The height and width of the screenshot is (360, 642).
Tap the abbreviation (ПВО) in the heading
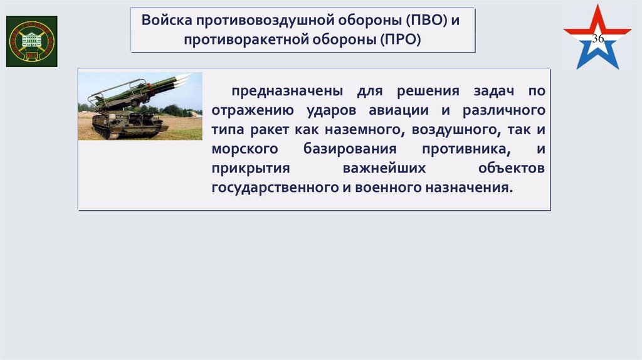coord(428,19)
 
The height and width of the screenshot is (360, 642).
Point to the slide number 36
coord(597,40)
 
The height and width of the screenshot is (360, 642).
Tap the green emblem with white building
coord(31,41)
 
